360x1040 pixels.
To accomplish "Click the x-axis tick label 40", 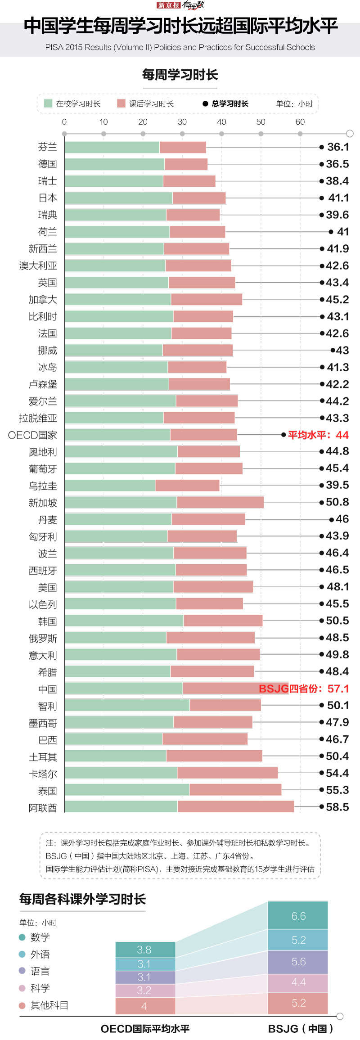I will pyautogui.click(x=221, y=122).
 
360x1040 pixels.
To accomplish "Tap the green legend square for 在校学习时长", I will pyautogui.click(x=48, y=104).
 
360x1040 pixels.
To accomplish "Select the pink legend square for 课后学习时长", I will pyautogui.click(x=121, y=104).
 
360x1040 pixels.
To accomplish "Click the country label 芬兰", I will pyautogui.click(x=47, y=147).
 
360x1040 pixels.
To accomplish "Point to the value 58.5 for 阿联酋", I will pyautogui.click(x=337, y=807).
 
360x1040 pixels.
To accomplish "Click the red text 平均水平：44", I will pyautogui.click(x=318, y=435).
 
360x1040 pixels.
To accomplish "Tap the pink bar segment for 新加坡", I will pyautogui.click(x=220, y=502).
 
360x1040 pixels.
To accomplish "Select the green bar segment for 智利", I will pyautogui.click(x=127, y=705).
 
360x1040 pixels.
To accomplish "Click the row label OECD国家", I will pyautogui.click(x=32, y=435).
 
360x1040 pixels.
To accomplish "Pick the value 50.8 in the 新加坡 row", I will pyautogui.click(x=337, y=502).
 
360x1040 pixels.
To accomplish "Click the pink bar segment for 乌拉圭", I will pyautogui.click(x=187, y=485).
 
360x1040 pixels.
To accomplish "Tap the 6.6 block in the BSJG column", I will pyautogui.click(x=298, y=916).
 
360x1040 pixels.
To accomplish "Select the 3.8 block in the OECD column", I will pyautogui.click(x=145, y=950).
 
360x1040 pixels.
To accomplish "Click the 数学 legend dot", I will pyautogui.click(x=22, y=937).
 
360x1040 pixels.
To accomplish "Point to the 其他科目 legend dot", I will pyautogui.click(x=22, y=1005).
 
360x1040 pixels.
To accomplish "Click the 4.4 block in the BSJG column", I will pyautogui.click(x=298, y=982).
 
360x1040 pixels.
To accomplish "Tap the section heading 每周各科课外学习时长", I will pyautogui.click(x=82, y=899).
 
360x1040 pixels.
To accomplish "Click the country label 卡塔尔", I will pyautogui.click(x=43, y=774).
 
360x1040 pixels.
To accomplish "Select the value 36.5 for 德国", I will pyautogui.click(x=337, y=164).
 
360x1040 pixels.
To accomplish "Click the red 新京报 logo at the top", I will pyautogui.click(x=169, y=5).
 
